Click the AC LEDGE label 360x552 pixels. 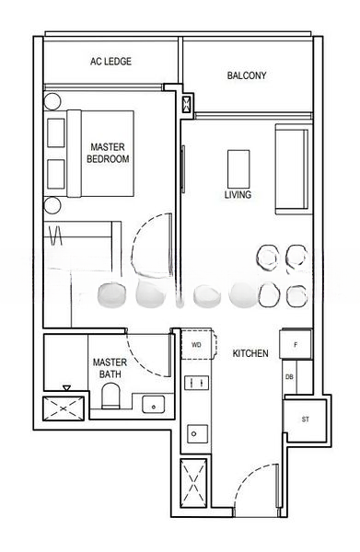tap(110, 62)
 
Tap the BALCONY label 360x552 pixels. tap(247, 75)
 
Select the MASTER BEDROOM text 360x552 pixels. tap(108, 153)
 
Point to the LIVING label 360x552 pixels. tap(238, 195)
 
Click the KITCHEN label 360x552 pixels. tap(250, 353)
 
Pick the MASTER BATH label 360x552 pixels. tap(110, 368)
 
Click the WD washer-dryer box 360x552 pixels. tap(198, 345)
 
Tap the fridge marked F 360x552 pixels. tap(296, 344)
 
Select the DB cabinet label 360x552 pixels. tap(289, 377)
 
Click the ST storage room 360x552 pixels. tap(306, 420)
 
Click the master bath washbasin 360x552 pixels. tap(153, 404)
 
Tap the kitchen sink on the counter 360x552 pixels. tap(197, 433)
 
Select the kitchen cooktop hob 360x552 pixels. tap(196, 383)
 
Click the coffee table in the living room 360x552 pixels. tap(238, 169)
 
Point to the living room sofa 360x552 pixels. tap(293, 169)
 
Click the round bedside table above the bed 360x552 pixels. tap(52, 101)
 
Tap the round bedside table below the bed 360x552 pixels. tap(52, 205)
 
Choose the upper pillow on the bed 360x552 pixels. tap(56, 132)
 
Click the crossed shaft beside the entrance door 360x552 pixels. tap(193, 483)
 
